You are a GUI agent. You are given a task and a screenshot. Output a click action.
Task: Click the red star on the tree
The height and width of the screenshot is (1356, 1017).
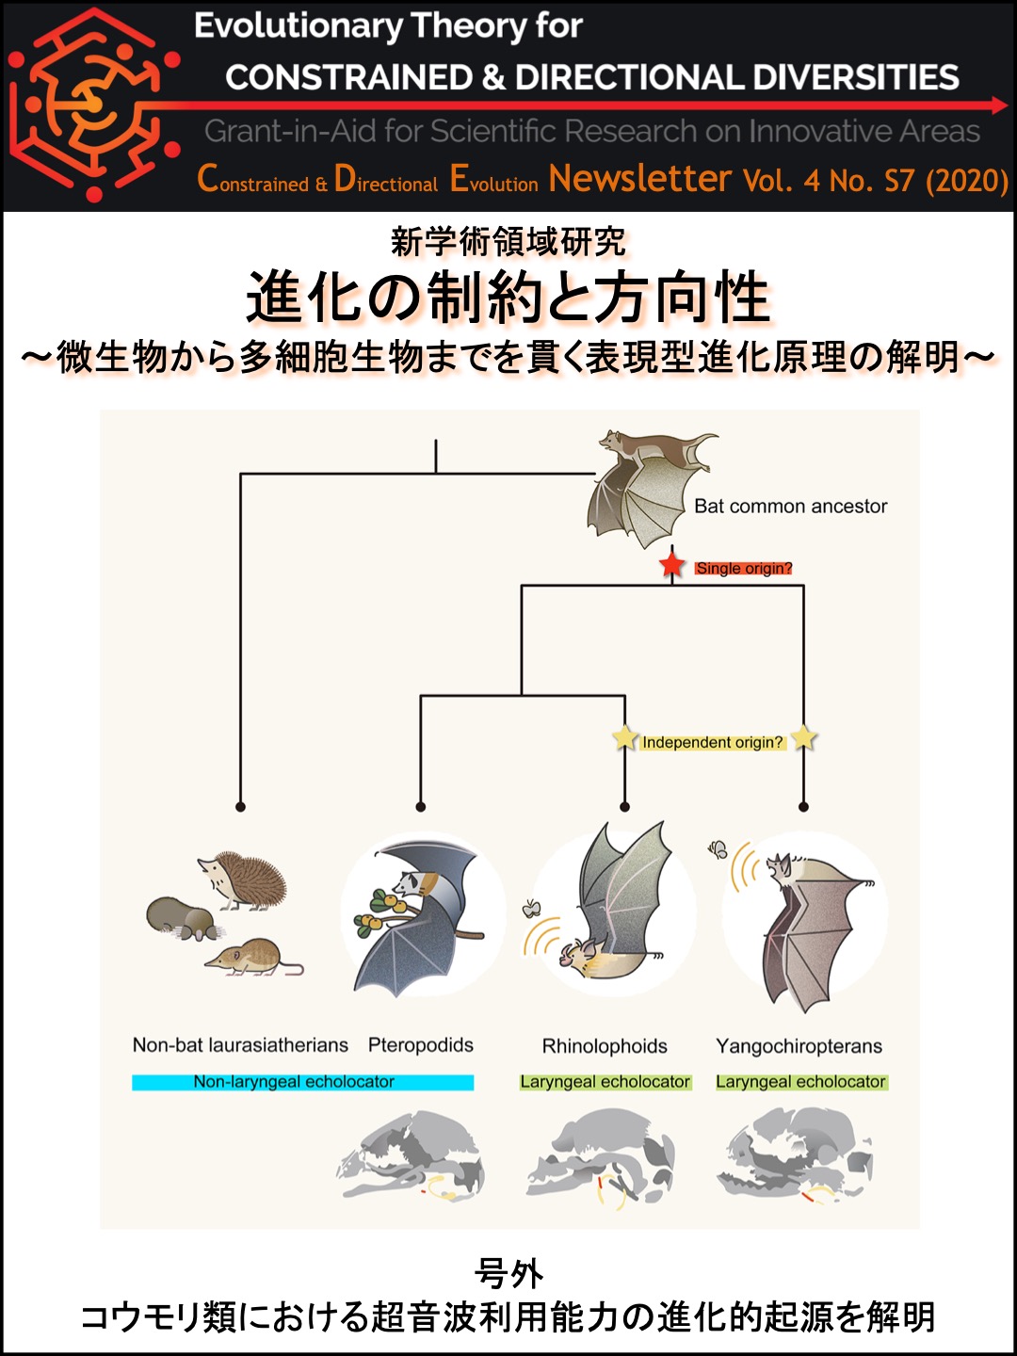671,565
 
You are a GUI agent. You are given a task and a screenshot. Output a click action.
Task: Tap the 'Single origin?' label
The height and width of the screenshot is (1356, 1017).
744,569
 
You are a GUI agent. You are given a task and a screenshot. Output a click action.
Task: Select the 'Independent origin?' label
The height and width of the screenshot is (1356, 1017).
713,742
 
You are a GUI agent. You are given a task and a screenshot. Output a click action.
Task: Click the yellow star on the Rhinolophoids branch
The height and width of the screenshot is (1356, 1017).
624,737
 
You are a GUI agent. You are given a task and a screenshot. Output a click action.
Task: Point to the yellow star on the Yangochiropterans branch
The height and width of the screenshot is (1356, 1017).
803,737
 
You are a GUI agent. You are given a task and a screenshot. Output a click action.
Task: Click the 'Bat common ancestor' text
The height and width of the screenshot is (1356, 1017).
790,507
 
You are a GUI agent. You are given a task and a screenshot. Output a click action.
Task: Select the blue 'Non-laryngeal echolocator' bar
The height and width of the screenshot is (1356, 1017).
302,1082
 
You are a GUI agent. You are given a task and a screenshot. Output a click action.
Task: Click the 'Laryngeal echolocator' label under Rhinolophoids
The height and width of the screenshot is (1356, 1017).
605,1082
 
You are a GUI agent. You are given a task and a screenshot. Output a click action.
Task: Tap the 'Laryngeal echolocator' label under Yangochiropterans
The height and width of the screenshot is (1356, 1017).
801,1082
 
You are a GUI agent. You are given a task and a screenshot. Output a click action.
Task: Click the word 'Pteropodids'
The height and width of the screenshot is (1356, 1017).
421,1044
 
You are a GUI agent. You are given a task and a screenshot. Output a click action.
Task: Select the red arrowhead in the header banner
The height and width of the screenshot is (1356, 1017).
998,105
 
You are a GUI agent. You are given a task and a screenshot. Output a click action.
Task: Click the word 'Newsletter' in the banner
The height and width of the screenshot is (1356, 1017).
640,179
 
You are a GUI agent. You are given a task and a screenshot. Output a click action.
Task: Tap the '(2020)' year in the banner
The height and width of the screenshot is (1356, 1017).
967,181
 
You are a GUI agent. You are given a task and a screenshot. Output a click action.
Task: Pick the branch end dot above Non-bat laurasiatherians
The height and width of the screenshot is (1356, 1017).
240,807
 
